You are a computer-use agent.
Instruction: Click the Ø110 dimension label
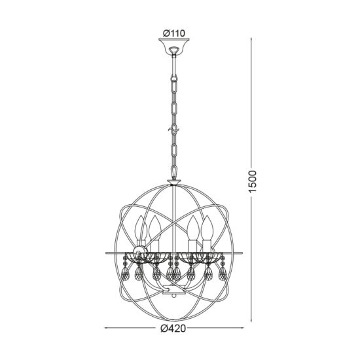[x=173, y=33]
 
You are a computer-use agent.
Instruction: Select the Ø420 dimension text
[x=173, y=328]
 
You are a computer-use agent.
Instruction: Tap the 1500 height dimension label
[x=252, y=181]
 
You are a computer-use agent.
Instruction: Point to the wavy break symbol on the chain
[x=173, y=130]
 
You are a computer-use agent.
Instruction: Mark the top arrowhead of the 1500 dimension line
[x=251, y=39]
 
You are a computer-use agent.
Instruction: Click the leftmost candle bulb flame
[x=141, y=227]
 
